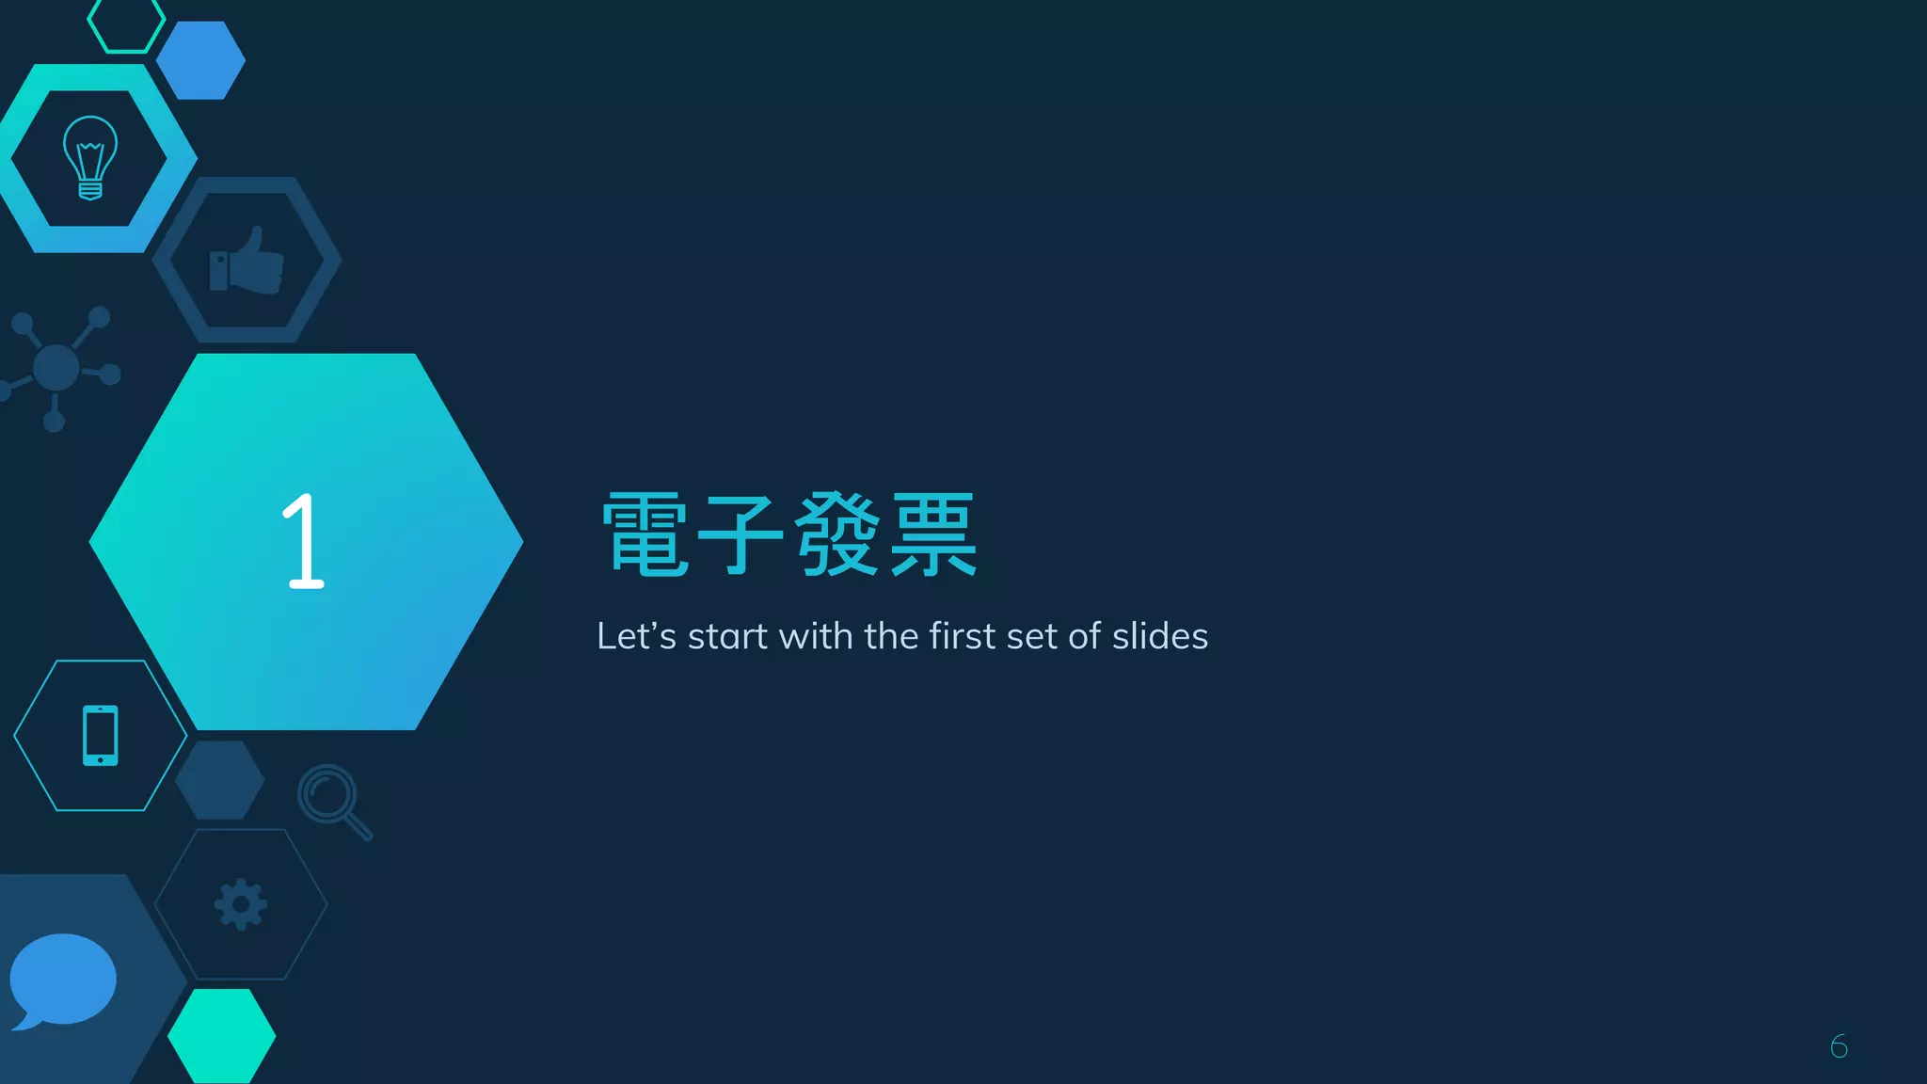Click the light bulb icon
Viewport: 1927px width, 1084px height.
click(90, 157)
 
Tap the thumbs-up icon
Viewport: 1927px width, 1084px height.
click(247, 261)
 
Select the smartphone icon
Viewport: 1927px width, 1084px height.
click(101, 735)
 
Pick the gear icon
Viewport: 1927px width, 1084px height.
click(241, 904)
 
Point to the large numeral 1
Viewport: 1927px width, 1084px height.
click(303, 542)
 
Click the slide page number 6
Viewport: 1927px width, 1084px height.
click(1839, 1045)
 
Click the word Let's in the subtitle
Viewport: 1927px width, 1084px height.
click(636, 636)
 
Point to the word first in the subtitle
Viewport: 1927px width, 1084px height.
click(963, 636)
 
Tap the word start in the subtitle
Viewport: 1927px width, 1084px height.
click(727, 637)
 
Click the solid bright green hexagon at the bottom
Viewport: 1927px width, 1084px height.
click(222, 1036)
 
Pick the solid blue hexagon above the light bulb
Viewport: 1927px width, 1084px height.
click(200, 60)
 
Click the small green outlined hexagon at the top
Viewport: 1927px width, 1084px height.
click(126, 24)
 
